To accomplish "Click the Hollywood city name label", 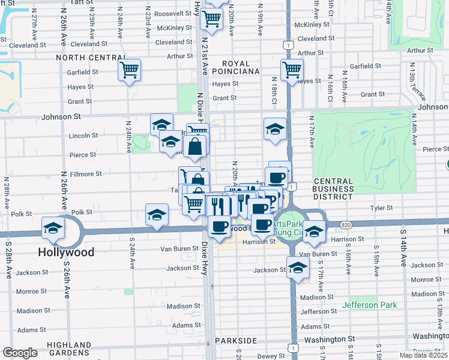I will coord(66,252).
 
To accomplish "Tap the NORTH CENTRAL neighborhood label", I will coord(91,58).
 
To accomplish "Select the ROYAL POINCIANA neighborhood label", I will coord(240,67).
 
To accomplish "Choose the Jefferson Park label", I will coord(369,305).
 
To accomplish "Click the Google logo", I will coord(20,353).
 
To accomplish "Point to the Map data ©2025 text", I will coord(423,355).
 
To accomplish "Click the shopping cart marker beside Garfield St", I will coord(130,71).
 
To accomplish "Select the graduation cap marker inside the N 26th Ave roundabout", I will coord(53,228).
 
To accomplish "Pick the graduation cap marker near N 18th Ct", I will coord(275,129).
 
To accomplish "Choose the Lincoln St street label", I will coord(83,136).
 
